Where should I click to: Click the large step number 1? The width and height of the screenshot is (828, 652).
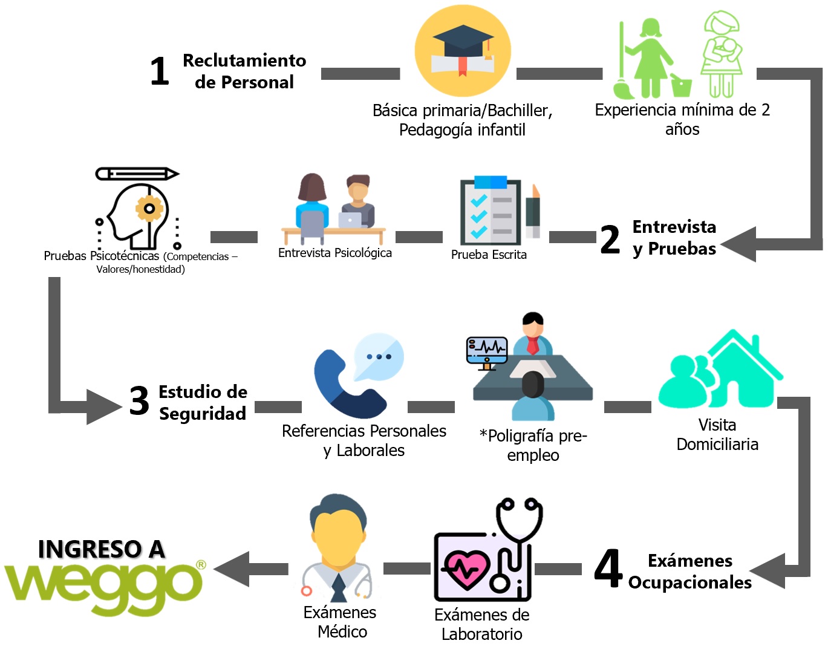click(160, 71)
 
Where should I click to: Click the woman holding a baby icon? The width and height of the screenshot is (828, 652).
click(722, 54)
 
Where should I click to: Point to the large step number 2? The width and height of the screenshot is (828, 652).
click(610, 240)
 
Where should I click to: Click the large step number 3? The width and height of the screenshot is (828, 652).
click(140, 401)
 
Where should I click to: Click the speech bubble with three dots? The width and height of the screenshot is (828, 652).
click(379, 356)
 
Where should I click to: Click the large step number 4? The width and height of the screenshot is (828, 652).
click(608, 568)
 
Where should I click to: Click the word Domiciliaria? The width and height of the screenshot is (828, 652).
click(717, 445)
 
